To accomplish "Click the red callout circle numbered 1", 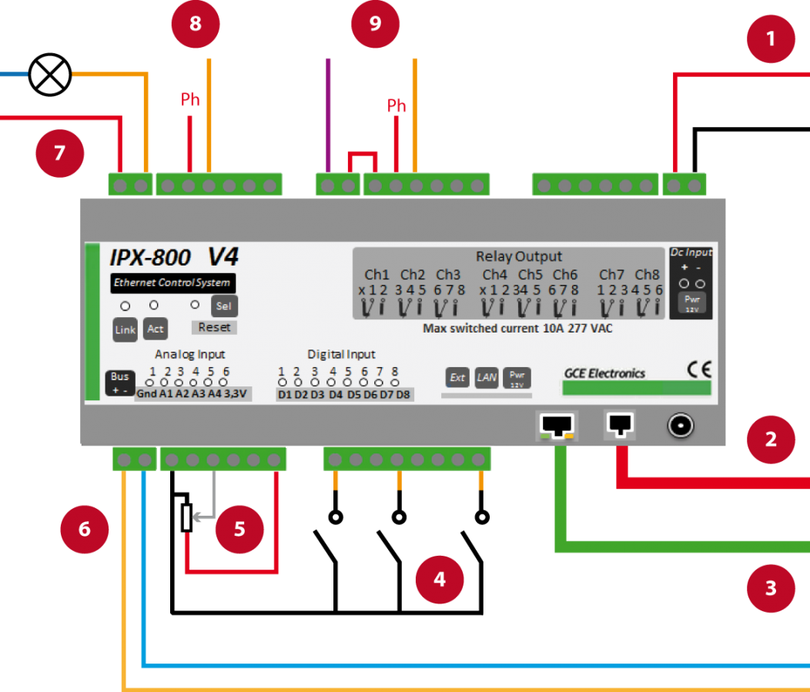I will pyautogui.click(x=771, y=38).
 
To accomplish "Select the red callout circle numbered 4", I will pyautogui.click(x=439, y=579).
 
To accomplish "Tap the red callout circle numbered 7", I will pyautogui.click(x=59, y=153).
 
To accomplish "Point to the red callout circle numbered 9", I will pyautogui.click(x=376, y=24).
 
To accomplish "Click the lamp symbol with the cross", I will pyautogui.click(x=50, y=75).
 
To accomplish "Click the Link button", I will pyautogui.click(x=125, y=329).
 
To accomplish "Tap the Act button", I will pyautogui.click(x=156, y=329).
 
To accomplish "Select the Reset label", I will pyautogui.click(x=214, y=327).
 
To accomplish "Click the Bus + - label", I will pyautogui.click(x=119, y=383).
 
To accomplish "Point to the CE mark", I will pyautogui.click(x=699, y=367).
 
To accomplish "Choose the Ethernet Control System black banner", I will pyautogui.click(x=172, y=282).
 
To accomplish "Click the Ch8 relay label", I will pyautogui.click(x=647, y=275).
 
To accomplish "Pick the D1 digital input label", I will pyautogui.click(x=285, y=395).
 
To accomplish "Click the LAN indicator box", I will pyautogui.click(x=487, y=377).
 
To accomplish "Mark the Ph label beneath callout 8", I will pyautogui.click(x=190, y=100).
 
